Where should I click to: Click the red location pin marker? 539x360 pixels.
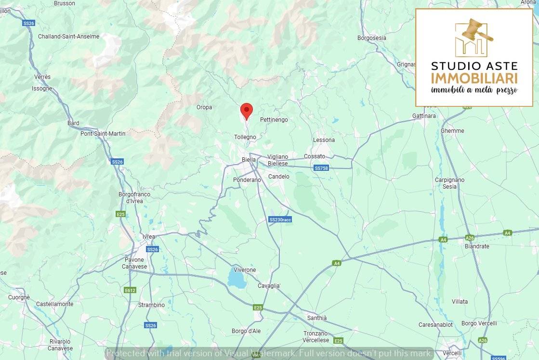(x=247, y=111)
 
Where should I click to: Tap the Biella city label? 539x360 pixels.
(x=249, y=160)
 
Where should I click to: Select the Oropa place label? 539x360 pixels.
(x=204, y=107)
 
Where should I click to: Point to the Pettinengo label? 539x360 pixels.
(x=274, y=119)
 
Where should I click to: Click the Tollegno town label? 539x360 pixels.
(x=245, y=137)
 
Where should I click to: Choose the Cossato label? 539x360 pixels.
(x=315, y=156)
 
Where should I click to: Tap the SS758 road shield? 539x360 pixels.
(x=321, y=168)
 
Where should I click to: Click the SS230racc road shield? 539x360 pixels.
(x=280, y=219)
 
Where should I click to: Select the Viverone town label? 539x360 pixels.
(x=245, y=270)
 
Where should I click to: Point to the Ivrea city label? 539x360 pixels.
(x=149, y=237)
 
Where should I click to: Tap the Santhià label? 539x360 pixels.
(x=316, y=318)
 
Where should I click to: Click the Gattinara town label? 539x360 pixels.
(x=424, y=116)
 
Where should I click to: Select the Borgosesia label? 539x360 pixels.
(x=372, y=38)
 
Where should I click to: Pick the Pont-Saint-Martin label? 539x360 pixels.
(x=103, y=134)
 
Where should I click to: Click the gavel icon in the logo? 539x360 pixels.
(x=476, y=31)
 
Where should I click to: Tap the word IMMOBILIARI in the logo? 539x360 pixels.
(x=474, y=78)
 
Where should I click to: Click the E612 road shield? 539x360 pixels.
(x=130, y=290)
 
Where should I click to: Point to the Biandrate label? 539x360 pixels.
(x=477, y=246)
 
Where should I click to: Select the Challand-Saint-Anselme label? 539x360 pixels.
(x=68, y=37)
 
